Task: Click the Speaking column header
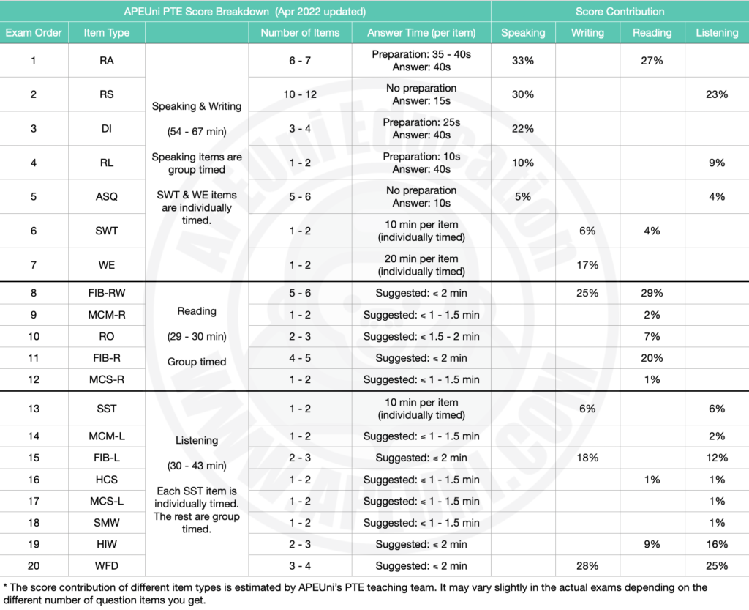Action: point(523,32)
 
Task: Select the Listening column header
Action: point(717,32)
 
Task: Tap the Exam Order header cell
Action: point(34,32)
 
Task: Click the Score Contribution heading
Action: point(620,12)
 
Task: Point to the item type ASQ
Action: point(107,196)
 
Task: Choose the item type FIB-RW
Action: point(107,293)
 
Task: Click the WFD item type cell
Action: point(107,566)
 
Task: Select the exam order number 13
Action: point(34,409)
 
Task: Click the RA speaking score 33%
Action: point(523,61)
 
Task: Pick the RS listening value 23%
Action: point(717,94)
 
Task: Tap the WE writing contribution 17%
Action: point(587,265)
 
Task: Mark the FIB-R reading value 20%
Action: point(652,358)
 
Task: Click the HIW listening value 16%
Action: point(717,545)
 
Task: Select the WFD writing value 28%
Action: point(587,566)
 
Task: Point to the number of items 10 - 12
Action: point(300,94)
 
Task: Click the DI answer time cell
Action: point(421,129)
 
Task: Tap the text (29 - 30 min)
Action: point(197,337)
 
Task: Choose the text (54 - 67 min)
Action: point(197,132)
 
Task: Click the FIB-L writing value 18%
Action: point(587,458)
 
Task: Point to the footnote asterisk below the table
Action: point(5,586)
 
